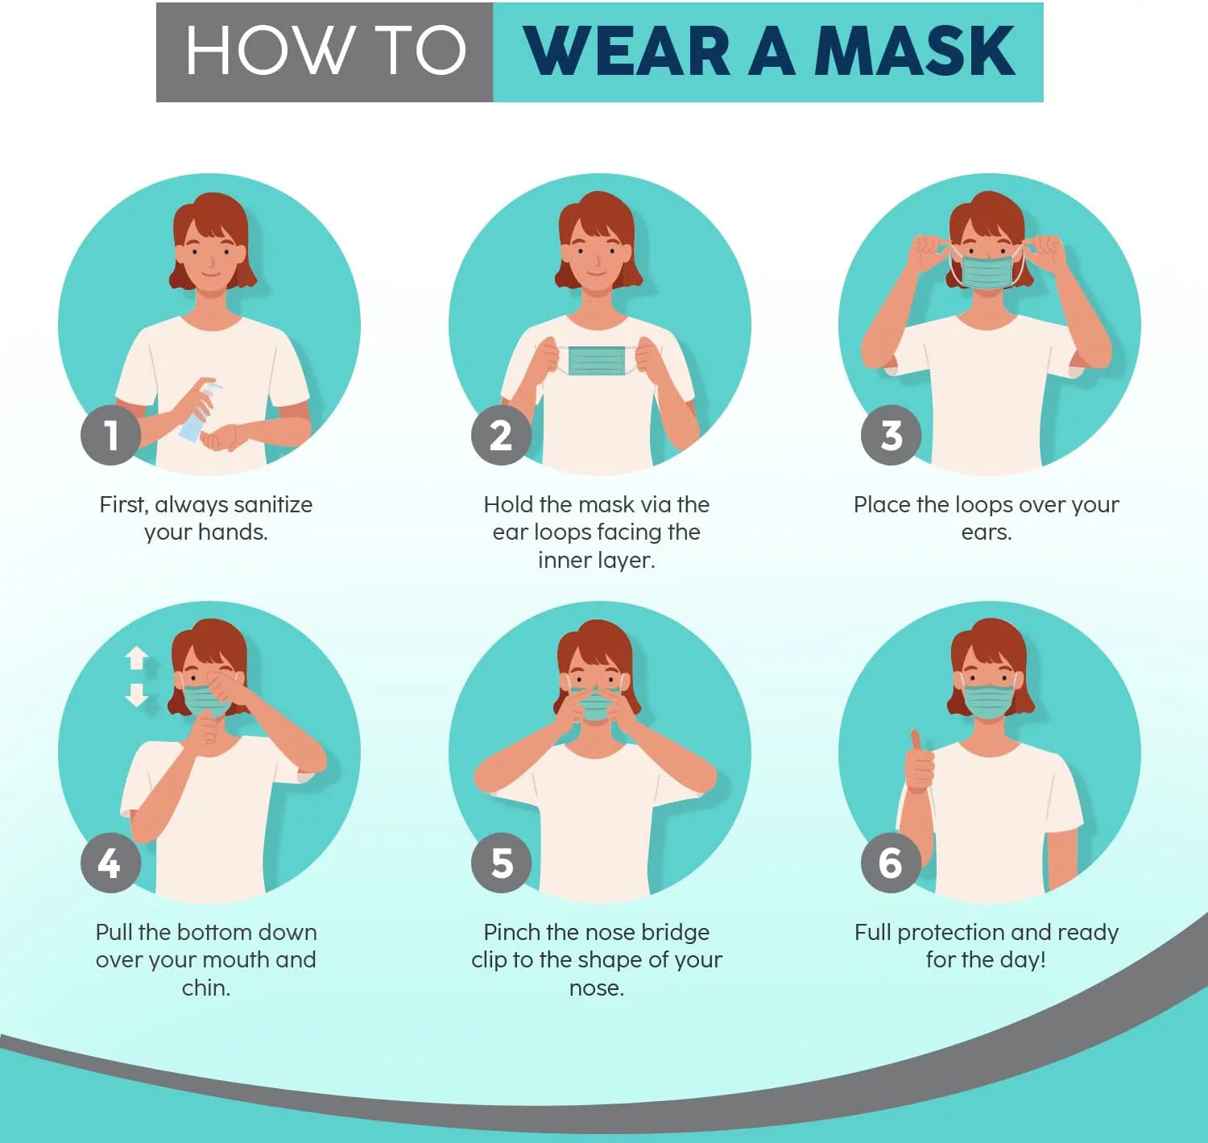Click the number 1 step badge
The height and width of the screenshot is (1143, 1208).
111,435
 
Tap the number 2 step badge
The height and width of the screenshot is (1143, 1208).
501,435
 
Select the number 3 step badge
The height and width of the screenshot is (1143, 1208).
891,435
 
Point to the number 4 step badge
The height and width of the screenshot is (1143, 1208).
110,863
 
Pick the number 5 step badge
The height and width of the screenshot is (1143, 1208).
501,863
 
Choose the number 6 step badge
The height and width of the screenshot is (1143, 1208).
891,863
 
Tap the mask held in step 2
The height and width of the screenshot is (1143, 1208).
597,361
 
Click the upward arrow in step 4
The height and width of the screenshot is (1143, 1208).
137,658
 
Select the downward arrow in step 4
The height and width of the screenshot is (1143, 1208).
137,694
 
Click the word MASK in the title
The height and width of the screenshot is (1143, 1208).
914,52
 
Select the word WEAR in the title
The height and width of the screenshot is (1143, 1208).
627,52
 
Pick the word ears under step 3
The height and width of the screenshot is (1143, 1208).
986,532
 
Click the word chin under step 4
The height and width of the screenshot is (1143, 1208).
205,988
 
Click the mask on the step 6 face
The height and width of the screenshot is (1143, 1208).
988,701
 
